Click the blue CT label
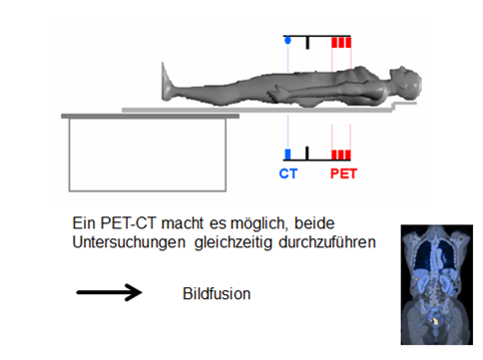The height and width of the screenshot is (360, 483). (288, 174)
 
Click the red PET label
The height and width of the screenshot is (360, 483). (343, 174)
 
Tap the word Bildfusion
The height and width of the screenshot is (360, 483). (217, 294)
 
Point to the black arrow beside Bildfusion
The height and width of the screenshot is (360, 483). (109, 292)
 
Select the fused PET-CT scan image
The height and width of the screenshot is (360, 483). (437, 284)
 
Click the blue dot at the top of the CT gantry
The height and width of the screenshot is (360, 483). (287, 41)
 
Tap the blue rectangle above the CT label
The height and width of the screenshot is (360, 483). (287, 155)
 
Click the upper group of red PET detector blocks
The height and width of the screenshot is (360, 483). (341, 43)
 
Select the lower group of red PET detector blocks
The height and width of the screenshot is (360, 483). (341, 155)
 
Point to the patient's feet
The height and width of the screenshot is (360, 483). (169, 82)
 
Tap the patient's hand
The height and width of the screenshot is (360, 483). (276, 92)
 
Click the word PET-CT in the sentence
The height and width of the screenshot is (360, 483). (128, 223)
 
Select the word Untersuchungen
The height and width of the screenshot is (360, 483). (129, 242)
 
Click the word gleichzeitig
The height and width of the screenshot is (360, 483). (238, 243)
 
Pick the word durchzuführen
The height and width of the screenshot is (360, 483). (327, 242)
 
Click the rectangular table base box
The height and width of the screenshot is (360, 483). (148, 155)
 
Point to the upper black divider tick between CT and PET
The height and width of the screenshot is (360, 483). (307, 43)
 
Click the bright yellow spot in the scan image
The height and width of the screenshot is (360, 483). (435, 321)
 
